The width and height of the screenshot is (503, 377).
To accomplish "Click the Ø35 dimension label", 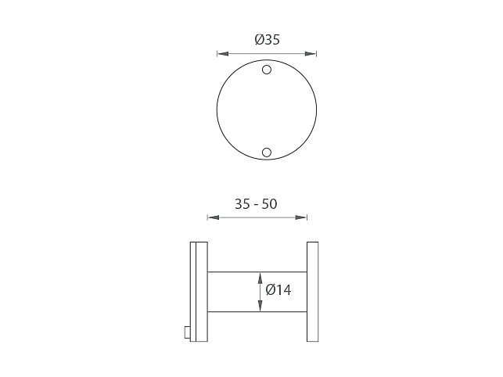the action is point(268,39).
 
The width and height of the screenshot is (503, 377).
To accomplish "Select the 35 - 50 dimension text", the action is point(256,204).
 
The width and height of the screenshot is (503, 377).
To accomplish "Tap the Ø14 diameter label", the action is point(278,290).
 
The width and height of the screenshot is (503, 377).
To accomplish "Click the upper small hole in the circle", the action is point(267,70).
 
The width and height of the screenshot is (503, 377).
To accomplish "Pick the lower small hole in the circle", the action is point(267,153).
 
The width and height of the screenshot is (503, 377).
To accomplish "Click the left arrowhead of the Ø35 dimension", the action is point(223,54).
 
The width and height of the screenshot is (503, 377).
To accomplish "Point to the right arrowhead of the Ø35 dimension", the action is point(311,54).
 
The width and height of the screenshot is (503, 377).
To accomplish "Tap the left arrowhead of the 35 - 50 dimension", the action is point(214,217).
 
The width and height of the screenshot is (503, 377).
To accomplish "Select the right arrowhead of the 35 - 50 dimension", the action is point(301,217).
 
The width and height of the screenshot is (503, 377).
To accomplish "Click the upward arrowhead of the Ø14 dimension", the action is point(260,278).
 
